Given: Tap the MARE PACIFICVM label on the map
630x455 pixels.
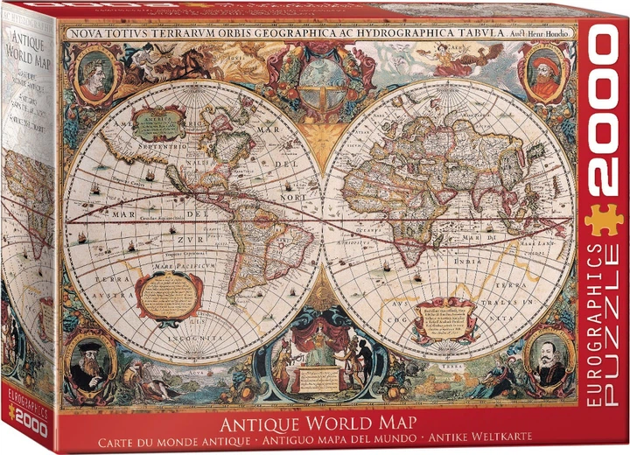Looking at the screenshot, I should (x=180, y=265).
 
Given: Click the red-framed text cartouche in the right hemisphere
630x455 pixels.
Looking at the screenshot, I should (x=444, y=318).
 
